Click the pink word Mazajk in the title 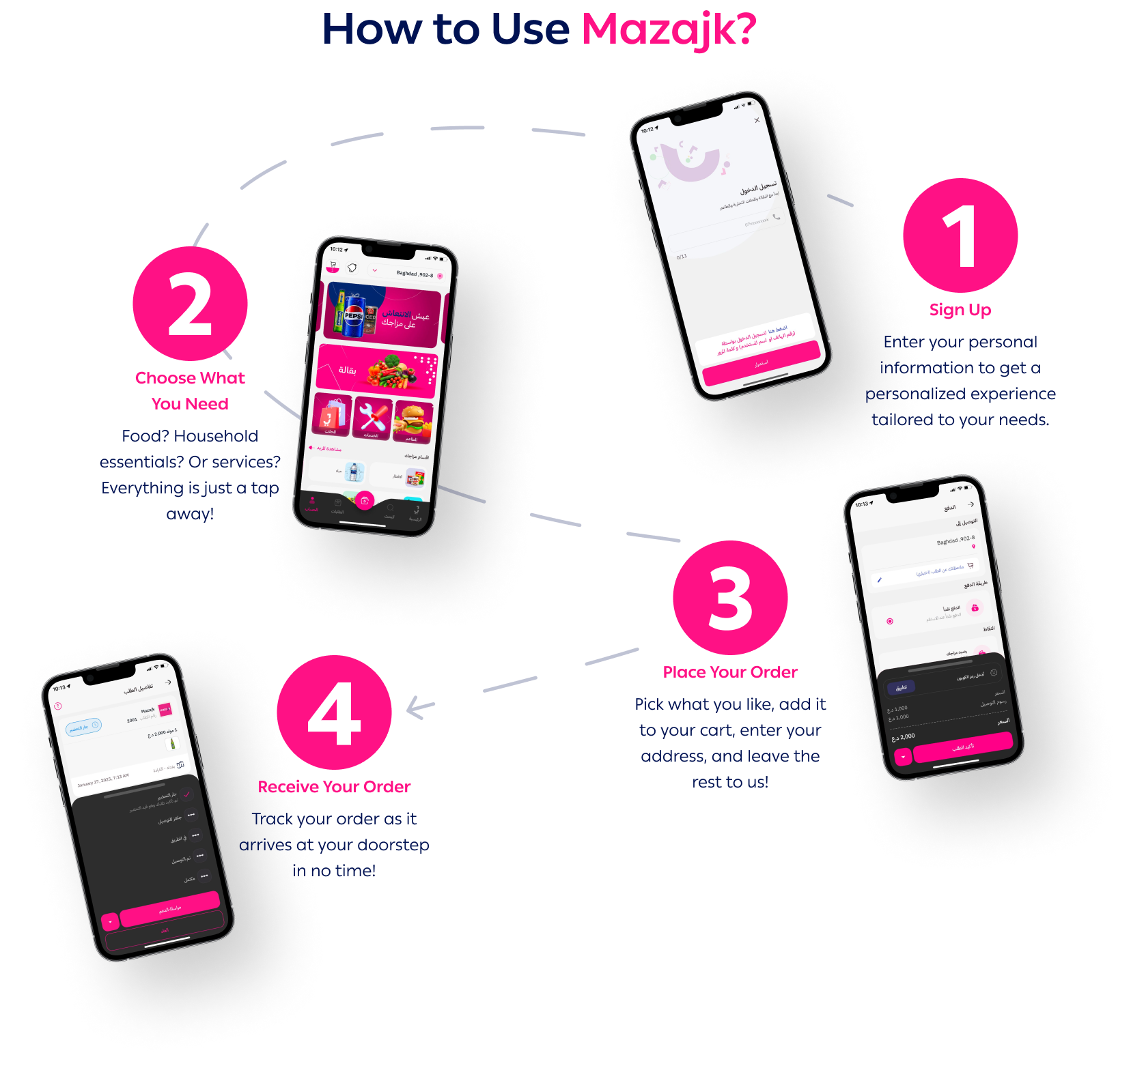[668, 30]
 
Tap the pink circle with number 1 [960, 235]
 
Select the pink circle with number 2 [190, 304]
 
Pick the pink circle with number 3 [730, 598]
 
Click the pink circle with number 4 [334, 712]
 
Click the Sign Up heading [960, 310]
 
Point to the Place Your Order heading [730, 672]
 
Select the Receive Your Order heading [334, 787]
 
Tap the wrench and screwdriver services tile [373, 417]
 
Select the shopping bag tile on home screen [333, 414]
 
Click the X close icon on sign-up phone [757, 120]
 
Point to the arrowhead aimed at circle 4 [414, 708]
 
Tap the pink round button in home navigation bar [365, 500]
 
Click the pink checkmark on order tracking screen [187, 795]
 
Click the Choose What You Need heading [190, 390]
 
